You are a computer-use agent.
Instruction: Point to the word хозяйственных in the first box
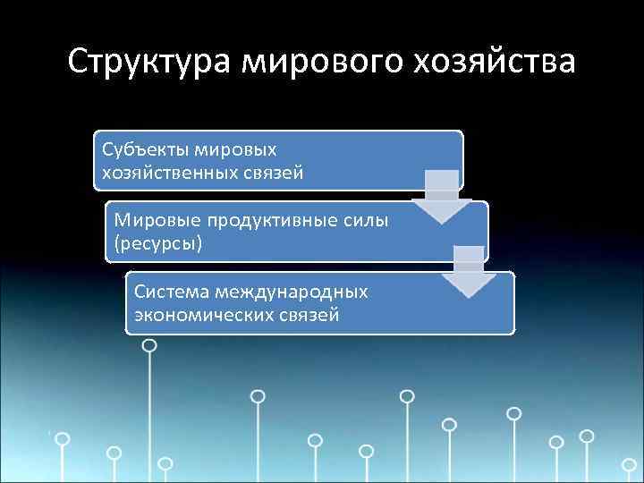point(168,172)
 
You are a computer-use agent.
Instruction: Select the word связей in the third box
point(309,315)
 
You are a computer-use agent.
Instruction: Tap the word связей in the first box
point(273,172)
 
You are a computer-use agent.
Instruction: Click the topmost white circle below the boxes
point(150,344)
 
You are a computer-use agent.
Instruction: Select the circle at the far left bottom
point(63,439)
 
